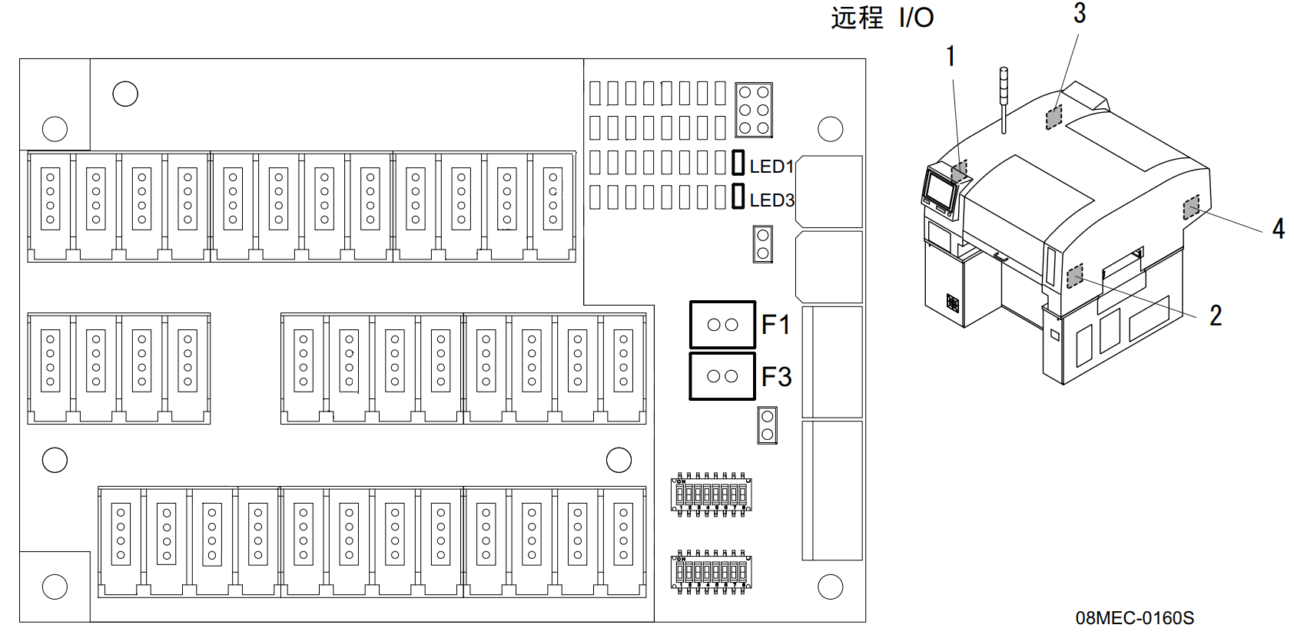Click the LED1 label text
[771, 166]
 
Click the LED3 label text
[771, 200]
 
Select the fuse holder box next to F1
[722, 325]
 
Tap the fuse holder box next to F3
[722, 376]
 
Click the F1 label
[775, 325]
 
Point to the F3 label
[776, 377]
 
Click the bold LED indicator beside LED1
[738, 163]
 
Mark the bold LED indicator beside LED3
[738, 197]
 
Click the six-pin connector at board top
[754, 110]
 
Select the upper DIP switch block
[711, 494]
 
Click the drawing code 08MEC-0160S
[1134, 618]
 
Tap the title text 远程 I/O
[882, 17]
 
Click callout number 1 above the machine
[951, 56]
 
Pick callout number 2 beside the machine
[1216, 316]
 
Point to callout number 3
[1080, 13]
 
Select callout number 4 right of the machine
[1278, 229]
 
